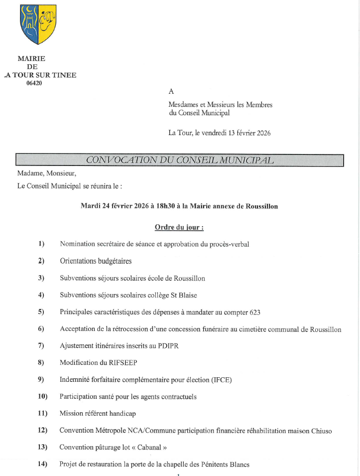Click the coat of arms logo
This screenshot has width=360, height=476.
click(x=38, y=23)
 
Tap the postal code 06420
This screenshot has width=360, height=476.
click(x=34, y=83)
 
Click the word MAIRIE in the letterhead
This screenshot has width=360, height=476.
click(x=31, y=59)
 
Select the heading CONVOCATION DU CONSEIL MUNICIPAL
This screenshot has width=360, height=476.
click(x=180, y=160)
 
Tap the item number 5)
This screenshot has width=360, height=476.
click(x=41, y=312)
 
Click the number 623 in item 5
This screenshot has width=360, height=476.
click(x=254, y=313)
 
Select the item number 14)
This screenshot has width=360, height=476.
click(x=42, y=464)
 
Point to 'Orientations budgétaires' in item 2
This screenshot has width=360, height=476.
click(x=96, y=261)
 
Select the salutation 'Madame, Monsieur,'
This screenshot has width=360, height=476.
click(x=47, y=173)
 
